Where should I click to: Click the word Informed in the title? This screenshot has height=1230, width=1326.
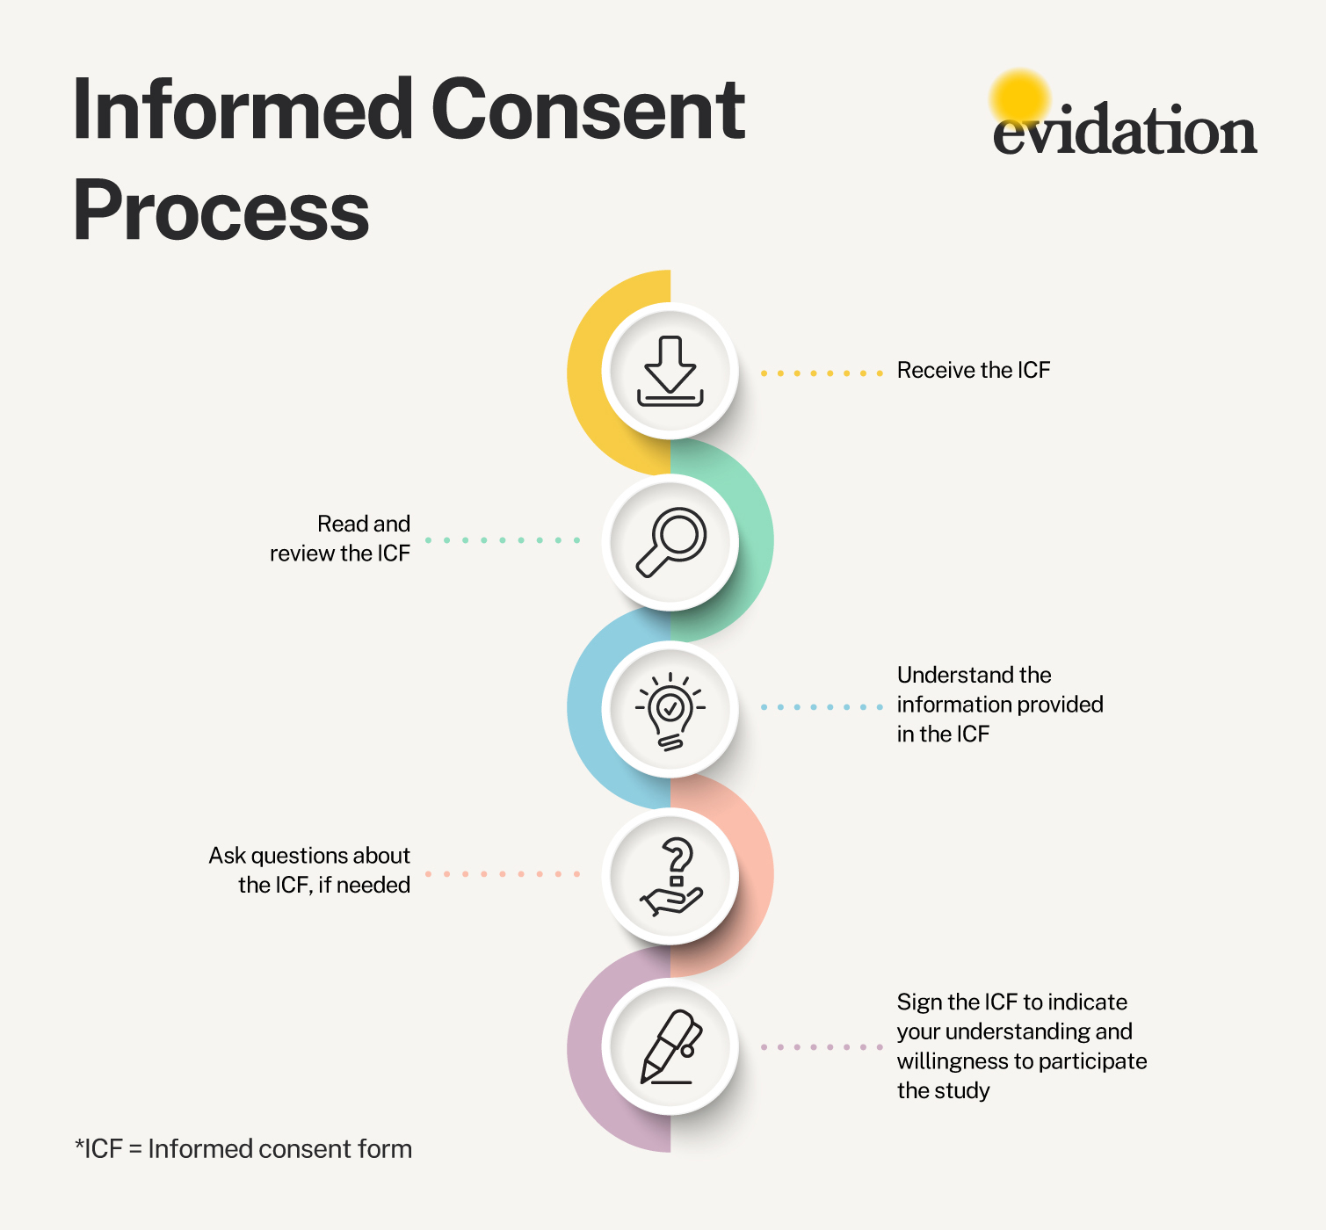(x=243, y=111)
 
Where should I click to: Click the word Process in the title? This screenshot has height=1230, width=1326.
(x=221, y=211)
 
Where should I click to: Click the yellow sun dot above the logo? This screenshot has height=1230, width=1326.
(x=1019, y=95)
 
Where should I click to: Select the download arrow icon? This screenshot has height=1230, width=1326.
(x=670, y=371)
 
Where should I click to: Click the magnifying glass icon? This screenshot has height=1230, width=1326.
(x=670, y=541)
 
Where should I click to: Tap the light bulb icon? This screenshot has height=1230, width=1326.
(x=670, y=710)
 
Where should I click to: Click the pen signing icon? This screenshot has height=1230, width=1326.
(x=670, y=1047)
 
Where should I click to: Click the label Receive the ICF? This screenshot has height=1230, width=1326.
(x=973, y=371)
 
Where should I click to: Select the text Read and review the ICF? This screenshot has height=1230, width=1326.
(x=341, y=539)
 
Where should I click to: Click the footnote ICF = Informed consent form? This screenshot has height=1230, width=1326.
(x=244, y=1149)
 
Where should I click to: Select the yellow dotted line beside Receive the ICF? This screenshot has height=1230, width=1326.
(x=821, y=373)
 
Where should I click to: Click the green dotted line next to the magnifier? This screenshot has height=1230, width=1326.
(x=503, y=540)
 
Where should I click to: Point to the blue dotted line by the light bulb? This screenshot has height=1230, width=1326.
(x=821, y=707)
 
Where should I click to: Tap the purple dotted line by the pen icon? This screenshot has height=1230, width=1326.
(x=821, y=1047)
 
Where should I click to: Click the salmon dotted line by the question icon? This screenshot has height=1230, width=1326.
(x=503, y=874)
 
